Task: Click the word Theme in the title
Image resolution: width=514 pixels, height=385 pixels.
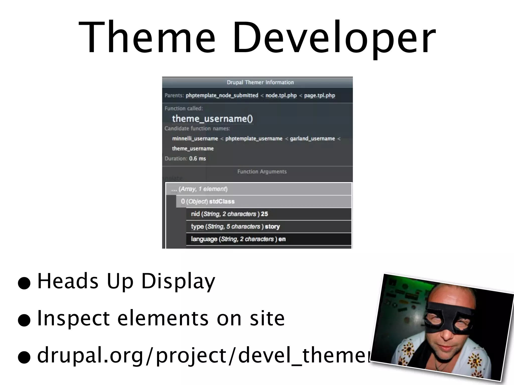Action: pos(147,38)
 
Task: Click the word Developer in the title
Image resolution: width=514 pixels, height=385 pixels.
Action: pos(334,38)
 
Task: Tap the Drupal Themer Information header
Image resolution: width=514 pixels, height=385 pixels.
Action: pos(260,82)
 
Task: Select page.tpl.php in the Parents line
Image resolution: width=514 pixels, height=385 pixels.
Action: pos(319,95)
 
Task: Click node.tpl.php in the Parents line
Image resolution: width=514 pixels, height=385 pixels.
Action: pos(281,95)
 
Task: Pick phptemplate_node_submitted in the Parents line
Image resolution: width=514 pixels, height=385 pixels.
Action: pos(222,95)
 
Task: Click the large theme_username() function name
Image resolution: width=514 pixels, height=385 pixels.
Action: pos(212,119)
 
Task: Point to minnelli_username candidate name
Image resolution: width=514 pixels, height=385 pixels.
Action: pos(195,139)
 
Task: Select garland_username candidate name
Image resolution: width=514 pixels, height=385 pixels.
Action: pos(312,139)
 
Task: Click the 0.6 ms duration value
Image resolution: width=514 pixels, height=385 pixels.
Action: pos(198,159)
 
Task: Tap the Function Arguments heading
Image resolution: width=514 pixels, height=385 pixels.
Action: pos(262,172)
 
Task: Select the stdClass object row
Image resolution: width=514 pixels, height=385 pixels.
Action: pos(222,202)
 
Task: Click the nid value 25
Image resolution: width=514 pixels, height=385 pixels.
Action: pos(264,214)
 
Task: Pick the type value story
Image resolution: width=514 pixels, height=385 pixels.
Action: pos(272,227)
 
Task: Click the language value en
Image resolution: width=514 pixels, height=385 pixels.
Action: pos(282,239)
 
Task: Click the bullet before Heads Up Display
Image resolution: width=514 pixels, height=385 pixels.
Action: pos(24,283)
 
